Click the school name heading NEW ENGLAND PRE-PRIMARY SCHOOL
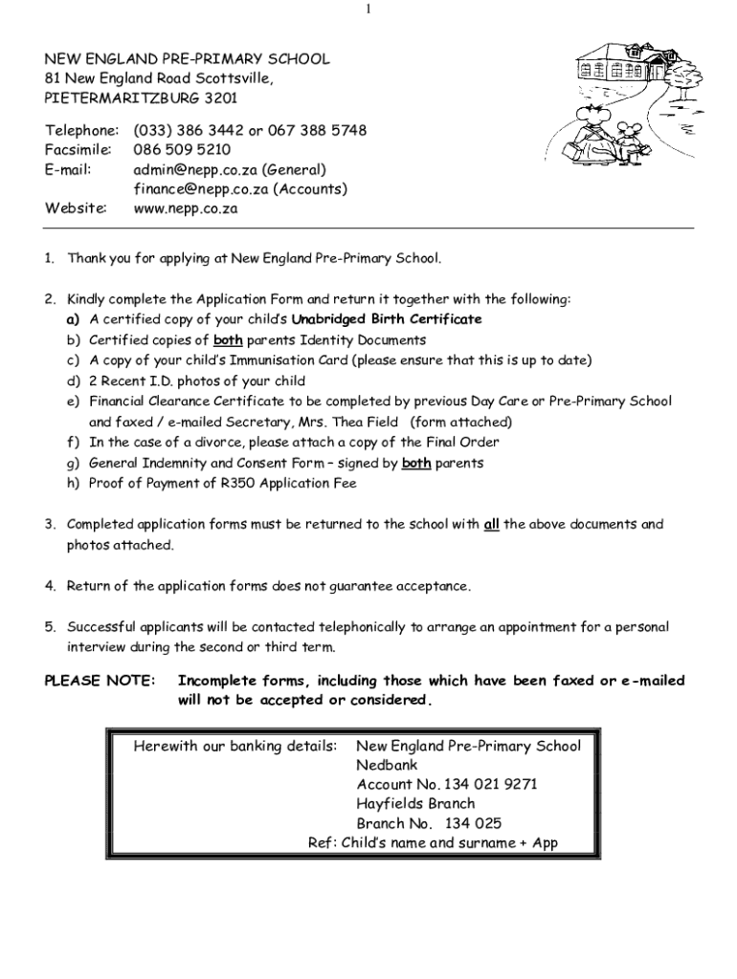pos(187,59)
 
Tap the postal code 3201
pos(219,98)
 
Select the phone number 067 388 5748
pos(318,130)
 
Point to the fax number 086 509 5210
pos(182,150)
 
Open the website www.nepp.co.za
pos(185,207)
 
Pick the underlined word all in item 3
pos(492,525)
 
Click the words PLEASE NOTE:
pos(100,681)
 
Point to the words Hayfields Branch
pos(415,804)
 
